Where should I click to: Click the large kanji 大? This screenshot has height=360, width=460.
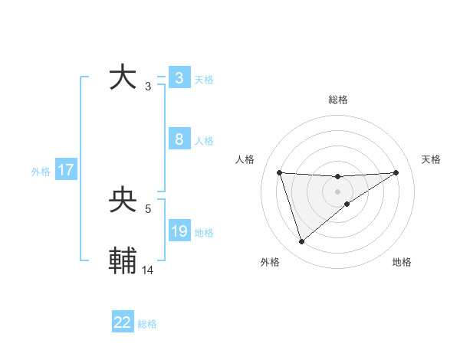pyautogui.click(x=123, y=77)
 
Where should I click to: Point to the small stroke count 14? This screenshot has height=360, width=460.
pyautogui.click(x=149, y=270)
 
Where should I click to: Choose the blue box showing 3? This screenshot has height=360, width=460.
pyautogui.click(x=179, y=78)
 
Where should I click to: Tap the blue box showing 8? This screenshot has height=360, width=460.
pyautogui.click(x=179, y=139)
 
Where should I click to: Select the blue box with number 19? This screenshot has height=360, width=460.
pyautogui.click(x=179, y=231)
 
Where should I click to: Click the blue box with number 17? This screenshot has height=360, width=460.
pyautogui.click(x=66, y=170)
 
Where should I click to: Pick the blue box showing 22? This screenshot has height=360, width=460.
pyautogui.click(x=123, y=322)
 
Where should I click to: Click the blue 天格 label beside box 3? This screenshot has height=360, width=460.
pyautogui.click(x=204, y=80)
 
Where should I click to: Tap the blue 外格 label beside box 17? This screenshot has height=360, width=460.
pyautogui.click(x=41, y=172)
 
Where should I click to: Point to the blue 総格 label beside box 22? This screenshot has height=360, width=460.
pyautogui.click(x=147, y=324)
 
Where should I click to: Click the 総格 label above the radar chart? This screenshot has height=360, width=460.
pyautogui.click(x=337, y=100)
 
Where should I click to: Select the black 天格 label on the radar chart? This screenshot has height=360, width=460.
pyautogui.click(x=431, y=159)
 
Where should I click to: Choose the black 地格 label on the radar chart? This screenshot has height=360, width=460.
pyautogui.click(x=402, y=263)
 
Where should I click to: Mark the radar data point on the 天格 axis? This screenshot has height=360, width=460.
pyautogui.click(x=396, y=172)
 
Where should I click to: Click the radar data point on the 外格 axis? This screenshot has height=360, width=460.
pyautogui.click(x=301, y=242)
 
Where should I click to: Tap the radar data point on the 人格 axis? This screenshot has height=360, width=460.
pyautogui.click(x=279, y=172)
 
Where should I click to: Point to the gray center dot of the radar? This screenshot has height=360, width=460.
pyautogui.click(x=337, y=191)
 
